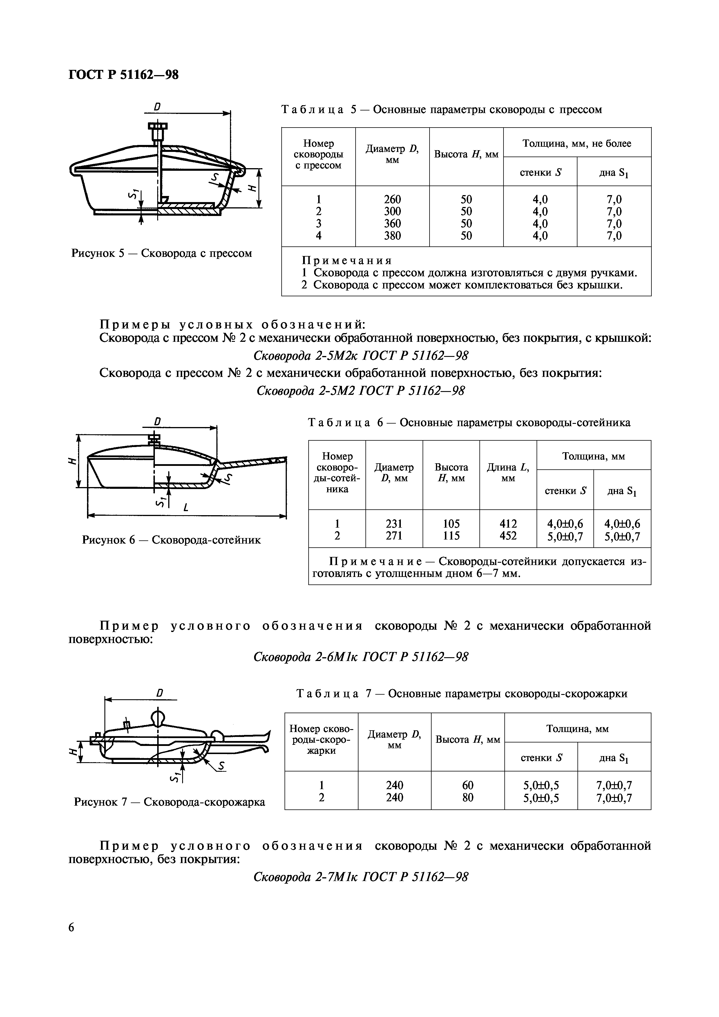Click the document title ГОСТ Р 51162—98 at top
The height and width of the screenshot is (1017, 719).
tap(124, 75)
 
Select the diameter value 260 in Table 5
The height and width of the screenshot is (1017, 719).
tap(392, 199)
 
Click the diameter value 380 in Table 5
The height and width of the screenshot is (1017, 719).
tap(392, 236)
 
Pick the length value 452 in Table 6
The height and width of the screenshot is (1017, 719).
tap(508, 536)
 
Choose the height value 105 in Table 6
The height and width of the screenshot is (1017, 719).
tap(451, 524)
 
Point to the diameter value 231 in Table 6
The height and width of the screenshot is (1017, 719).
tap(394, 524)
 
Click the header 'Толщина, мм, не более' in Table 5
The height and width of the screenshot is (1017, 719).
tap(577, 143)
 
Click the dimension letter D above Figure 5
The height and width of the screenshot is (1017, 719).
tap(157, 107)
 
